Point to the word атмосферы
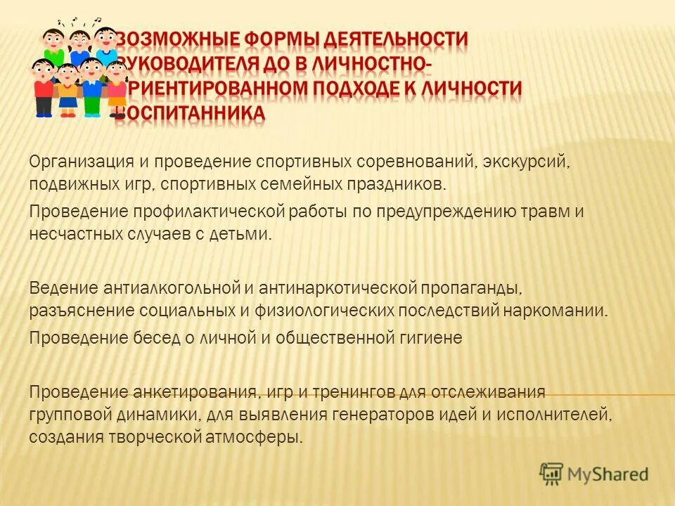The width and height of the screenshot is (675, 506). [255, 437]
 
